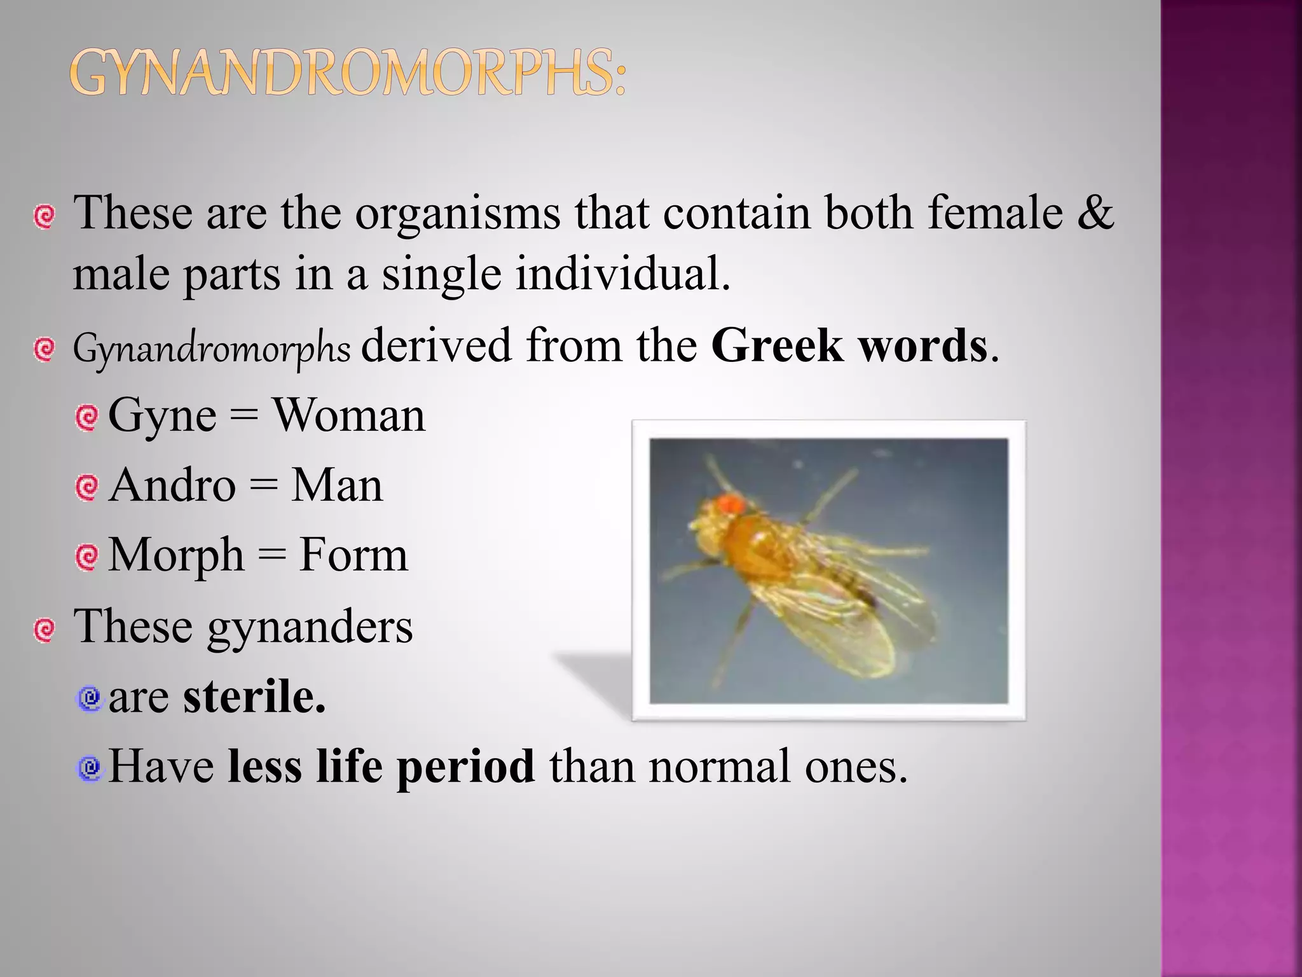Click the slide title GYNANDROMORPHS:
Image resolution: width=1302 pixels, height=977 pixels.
pyautogui.click(x=348, y=74)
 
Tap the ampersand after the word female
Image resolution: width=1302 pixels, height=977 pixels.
pyautogui.click(x=1095, y=213)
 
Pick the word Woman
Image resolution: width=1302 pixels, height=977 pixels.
pyautogui.click(x=349, y=416)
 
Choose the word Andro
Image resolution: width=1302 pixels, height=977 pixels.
pyautogui.click(x=172, y=486)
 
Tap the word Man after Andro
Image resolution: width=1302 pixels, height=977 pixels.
pyautogui.click(x=337, y=486)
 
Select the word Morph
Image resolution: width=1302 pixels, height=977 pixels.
pyautogui.click(x=176, y=556)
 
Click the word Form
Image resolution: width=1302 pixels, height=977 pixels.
pyautogui.click(x=353, y=555)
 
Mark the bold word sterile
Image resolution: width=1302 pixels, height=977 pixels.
pyautogui.click(x=254, y=696)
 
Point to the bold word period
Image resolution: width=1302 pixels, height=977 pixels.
pyautogui.click(x=465, y=767)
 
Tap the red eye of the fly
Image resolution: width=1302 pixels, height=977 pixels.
pyautogui.click(x=731, y=504)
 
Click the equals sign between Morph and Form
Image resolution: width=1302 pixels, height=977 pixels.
pyautogui.click(x=271, y=556)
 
